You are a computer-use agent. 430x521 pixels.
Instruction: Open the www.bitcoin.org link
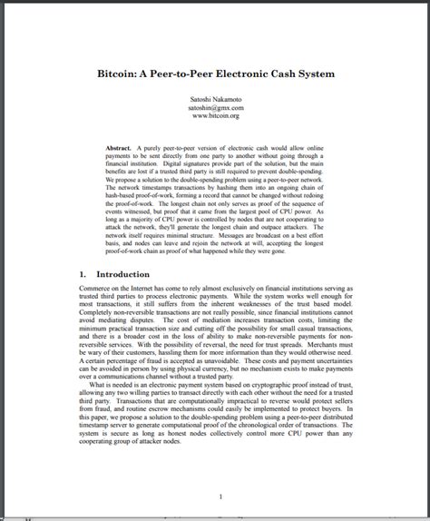215,116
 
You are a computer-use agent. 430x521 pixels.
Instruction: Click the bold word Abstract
119,147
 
